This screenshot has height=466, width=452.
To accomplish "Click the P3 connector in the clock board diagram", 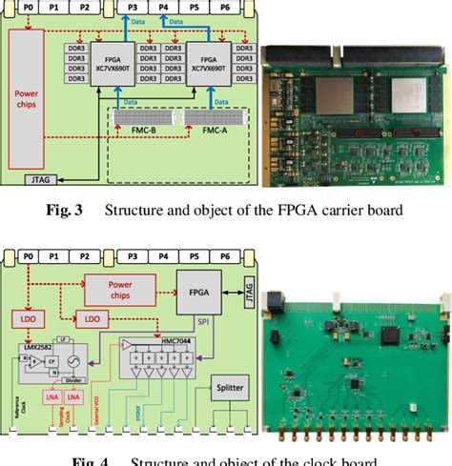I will [132, 257].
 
